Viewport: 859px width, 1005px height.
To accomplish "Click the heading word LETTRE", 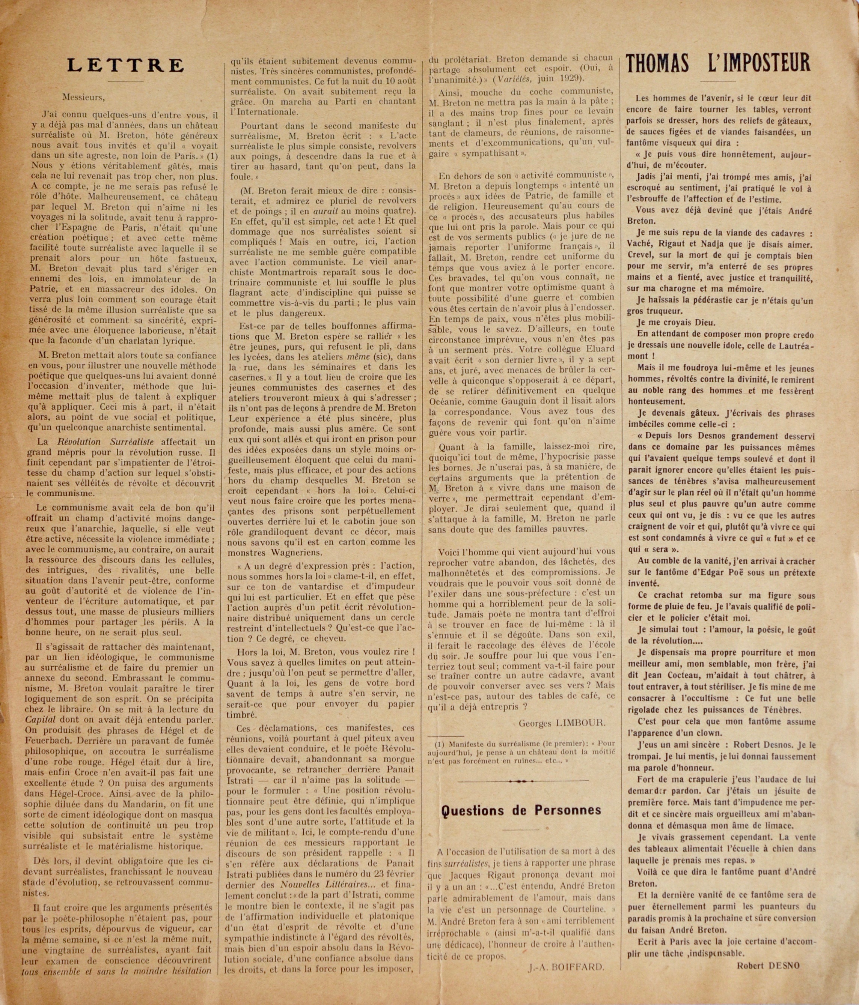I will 126,65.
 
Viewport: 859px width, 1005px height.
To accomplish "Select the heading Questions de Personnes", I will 521,810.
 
